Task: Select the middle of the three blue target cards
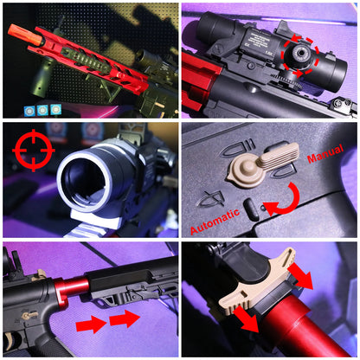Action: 43,110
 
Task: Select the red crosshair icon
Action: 34,150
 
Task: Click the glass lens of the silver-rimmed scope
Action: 87,180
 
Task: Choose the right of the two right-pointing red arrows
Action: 124,318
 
